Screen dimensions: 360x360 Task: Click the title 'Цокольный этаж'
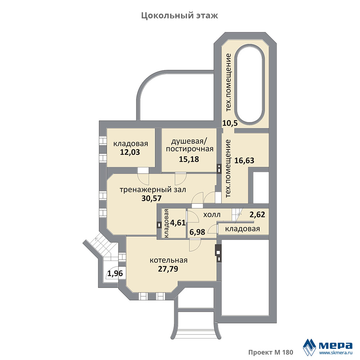[180, 16]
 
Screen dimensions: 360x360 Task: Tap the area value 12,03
[130, 152]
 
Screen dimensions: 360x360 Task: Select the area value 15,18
[189, 159]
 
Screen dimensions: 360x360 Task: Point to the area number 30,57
[152, 198]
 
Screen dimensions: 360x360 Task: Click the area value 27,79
[168, 269]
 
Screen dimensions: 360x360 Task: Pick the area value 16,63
[244, 161]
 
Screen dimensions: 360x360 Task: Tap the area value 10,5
[230, 123]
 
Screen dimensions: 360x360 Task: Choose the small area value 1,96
[115, 274]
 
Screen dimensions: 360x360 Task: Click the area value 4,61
[178, 223]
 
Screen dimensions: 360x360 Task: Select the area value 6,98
[197, 232]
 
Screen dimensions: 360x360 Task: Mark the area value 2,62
[257, 215]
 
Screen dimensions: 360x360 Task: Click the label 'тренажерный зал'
[153, 190]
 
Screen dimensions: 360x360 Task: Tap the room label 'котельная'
[168, 260]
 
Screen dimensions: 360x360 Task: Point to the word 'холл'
[212, 215]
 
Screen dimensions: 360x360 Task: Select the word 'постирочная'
[190, 149]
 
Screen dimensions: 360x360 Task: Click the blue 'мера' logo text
[336, 345]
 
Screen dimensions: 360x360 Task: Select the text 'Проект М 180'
[271, 352]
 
